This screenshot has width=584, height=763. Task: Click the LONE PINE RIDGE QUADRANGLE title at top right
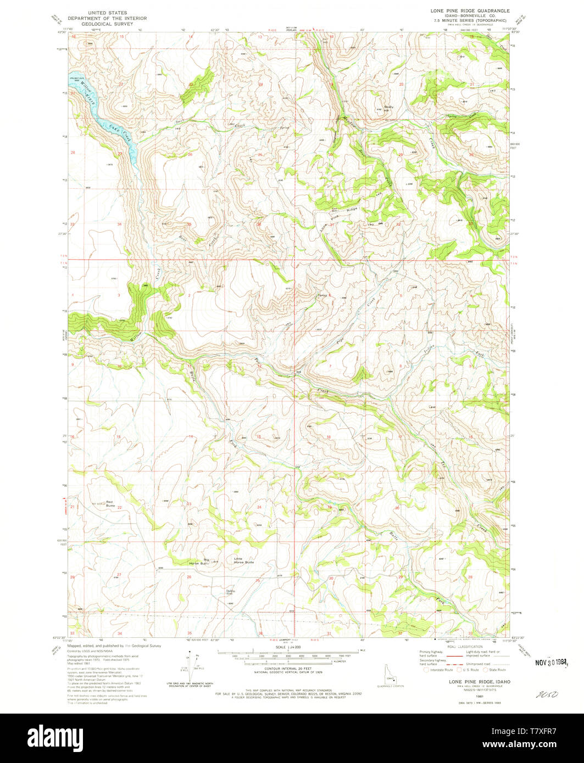point(470,10)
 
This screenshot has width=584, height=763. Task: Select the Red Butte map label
point(110,503)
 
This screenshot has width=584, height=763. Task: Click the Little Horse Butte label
point(244,561)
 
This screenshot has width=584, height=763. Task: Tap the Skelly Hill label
point(389,108)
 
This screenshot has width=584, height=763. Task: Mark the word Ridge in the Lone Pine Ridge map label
point(352,209)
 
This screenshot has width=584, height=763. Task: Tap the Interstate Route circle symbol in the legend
point(426,670)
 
